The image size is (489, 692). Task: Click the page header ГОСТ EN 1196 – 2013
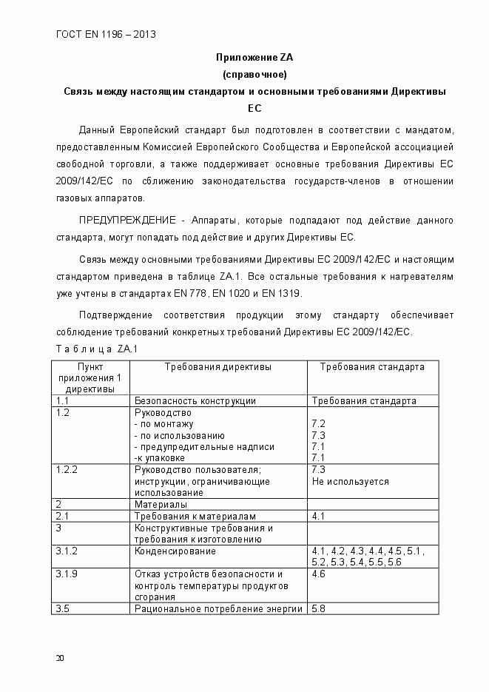pyautogui.click(x=106, y=34)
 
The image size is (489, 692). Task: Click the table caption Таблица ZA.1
pyautogui.click(x=96, y=349)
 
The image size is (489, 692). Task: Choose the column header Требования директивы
pyautogui.click(x=217, y=367)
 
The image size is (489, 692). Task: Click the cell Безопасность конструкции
pyautogui.click(x=195, y=401)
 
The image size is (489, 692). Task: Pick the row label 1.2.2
pyautogui.click(x=67, y=470)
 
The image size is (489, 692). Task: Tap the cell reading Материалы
pyautogui.click(x=161, y=505)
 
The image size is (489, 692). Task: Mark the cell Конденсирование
pyautogui.click(x=175, y=551)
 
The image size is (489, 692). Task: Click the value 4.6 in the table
pyautogui.click(x=319, y=574)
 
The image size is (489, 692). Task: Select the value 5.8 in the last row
pyautogui.click(x=319, y=609)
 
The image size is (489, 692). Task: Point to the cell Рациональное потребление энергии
pyautogui.click(x=218, y=609)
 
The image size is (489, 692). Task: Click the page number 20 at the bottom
pyautogui.click(x=60, y=658)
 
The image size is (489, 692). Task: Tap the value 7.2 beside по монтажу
pyautogui.click(x=319, y=424)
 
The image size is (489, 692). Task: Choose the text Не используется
pyautogui.click(x=350, y=482)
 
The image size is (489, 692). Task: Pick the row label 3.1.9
pyautogui.click(x=67, y=574)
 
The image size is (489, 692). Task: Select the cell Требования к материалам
pyautogui.click(x=195, y=516)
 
